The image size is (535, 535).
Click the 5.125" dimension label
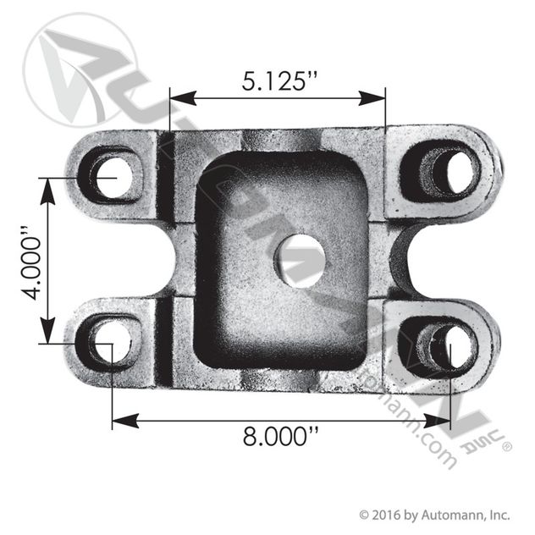[279, 81]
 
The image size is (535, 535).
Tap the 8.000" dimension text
[280, 436]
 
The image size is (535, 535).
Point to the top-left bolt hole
[113, 177]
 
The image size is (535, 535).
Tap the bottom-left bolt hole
[113, 342]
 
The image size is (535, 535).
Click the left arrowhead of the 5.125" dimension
[183, 98]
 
